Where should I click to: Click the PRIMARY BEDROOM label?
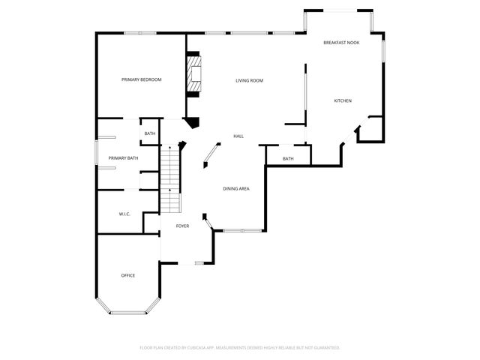click(x=142, y=79)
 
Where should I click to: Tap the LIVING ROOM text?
click(x=249, y=80)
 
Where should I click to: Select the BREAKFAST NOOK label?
click(x=341, y=43)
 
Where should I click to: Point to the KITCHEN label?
click(x=342, y=100)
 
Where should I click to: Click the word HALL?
click(x=238, y=136)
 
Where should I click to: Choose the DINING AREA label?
click(x=235, y=188)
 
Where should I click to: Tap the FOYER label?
click(x=182, y=225)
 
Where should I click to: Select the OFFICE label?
click(x=128, y=275)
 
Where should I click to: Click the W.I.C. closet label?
click(x=124, y=214)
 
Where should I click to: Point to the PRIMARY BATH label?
click(x=123, y=158)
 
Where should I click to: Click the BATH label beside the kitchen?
click(x=288, y=158)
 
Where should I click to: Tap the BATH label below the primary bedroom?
click(x=150, y=133)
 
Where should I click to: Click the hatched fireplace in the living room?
click(x=195, y=74)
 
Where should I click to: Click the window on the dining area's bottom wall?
click(x=240, y=229)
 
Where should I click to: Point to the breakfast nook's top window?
click(x=338, y=10)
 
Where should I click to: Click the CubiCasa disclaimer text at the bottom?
click(x=240, y=347)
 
